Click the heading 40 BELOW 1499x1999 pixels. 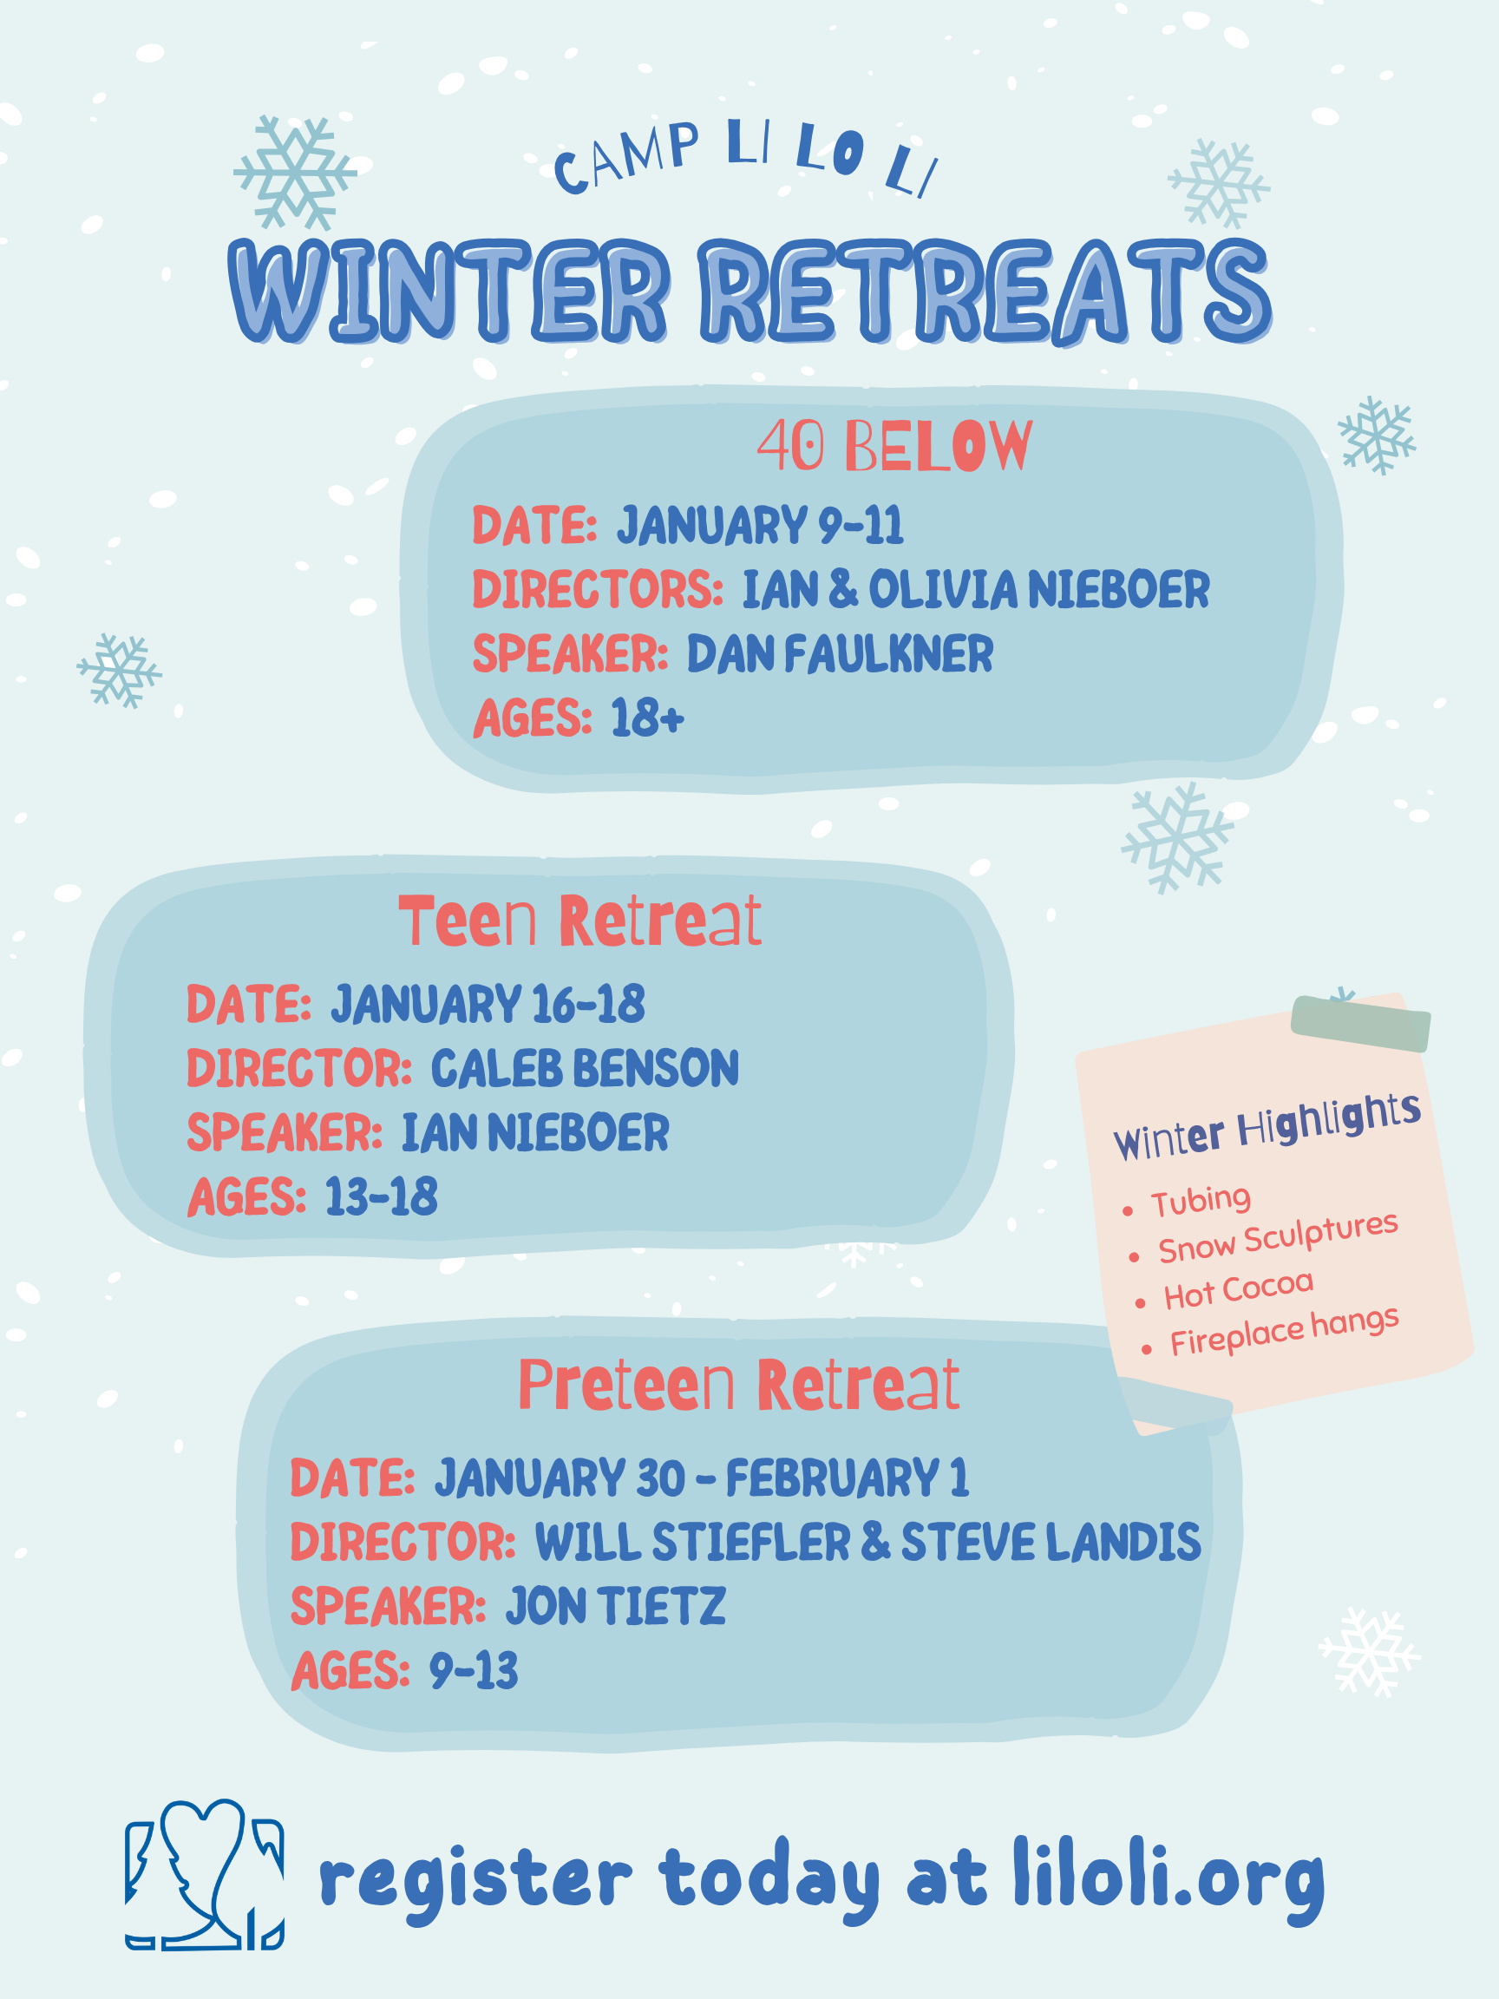click(894, 446)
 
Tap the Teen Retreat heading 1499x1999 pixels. click(580, 921)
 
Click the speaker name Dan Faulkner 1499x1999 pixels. click(840, 653)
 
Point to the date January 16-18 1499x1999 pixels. click(488, 1004)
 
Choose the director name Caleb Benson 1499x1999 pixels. click(585, 1068)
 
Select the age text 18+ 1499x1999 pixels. click(647, 718)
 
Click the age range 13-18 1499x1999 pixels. click(382, 1196)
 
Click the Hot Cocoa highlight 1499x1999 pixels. click(1238, 1289)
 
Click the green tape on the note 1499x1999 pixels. click(1361, 1024)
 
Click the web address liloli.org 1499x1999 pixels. click(1169, 1881)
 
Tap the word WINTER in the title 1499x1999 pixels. click(449, 291)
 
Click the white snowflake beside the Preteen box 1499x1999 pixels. click(1369, 1651)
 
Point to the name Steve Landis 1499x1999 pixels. click(1051, 1542)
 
